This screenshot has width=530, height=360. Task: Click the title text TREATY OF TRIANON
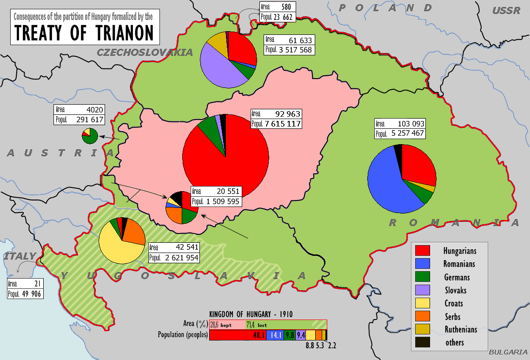click(84, 32)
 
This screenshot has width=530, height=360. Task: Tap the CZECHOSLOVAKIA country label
click(145, 53)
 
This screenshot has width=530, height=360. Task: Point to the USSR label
click(506, 10)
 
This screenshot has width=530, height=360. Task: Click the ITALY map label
click(20, 256)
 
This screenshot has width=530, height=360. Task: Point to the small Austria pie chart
click(90, 136)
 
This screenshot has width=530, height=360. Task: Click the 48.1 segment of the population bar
click(238, 335)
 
